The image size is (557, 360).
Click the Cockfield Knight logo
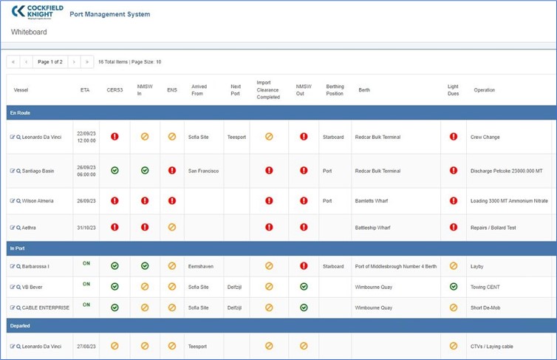(x=37, y=12)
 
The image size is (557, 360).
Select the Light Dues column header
(x=453, y=90)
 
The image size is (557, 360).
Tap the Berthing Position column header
(x=335, y=90)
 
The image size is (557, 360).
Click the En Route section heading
(x=20, y=112)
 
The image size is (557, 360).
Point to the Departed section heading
(x=20, y=325)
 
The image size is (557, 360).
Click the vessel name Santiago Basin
(x=38, y=171)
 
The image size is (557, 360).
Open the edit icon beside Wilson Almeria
(x=13, y=201)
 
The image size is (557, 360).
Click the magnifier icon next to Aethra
(x=18, y=228)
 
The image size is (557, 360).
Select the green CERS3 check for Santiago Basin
(x=115, y=171)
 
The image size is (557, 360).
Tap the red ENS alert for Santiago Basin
(x=172, y=171)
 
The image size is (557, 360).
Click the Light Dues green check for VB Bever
(x=454, y=286)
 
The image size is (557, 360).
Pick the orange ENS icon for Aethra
(x=172, y=227)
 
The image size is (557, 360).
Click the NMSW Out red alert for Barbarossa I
(x=304, y=266)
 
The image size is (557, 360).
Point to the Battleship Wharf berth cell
(x=372, y=228)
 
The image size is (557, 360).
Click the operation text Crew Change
(x=485, y=137)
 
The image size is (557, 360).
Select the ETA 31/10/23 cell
(x=86, y=228)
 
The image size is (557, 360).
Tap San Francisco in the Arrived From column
(x=204, y=171)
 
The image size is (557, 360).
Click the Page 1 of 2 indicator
(x=50, y=62)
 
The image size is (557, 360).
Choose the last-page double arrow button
(x=87, y=62)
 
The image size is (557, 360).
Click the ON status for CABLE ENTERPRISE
(x=86, y=305)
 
